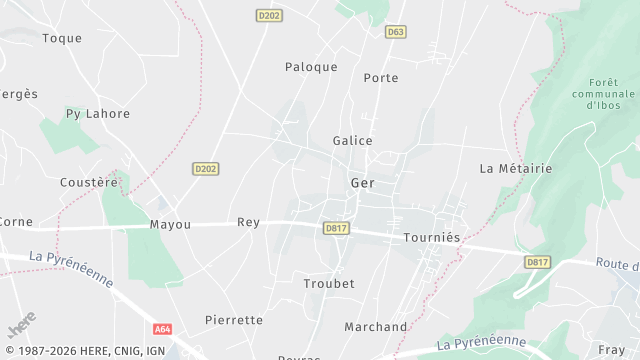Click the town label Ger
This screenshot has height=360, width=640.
362,183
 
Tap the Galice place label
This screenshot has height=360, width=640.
353,141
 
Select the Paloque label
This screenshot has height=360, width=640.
311,67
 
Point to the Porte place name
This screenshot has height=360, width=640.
381,78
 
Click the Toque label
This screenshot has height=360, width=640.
62,38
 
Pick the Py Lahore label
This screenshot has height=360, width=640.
98,113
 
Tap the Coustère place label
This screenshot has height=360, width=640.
89,182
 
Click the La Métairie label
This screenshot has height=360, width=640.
516,168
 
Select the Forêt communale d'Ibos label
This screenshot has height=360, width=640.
604,94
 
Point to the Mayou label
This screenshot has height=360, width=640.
170,224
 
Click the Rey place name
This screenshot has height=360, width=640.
248,222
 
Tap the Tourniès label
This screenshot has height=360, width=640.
432,238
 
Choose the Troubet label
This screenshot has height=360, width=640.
329,283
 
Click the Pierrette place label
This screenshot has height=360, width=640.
233,320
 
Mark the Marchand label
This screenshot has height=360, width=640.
376,327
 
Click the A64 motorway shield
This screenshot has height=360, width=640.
163,328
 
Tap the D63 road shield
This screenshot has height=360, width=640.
396,32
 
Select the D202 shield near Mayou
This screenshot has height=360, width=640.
205,169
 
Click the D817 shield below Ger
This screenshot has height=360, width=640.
336,228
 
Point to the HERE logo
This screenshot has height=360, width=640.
21,326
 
